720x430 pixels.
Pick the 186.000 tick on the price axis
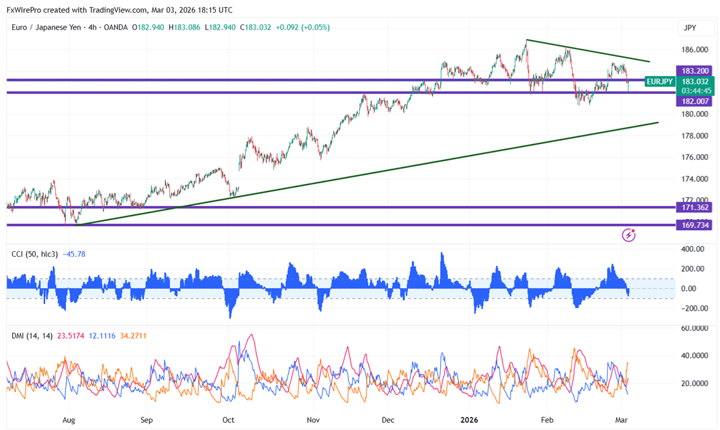point(694,49)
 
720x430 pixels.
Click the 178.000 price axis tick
point(694,136)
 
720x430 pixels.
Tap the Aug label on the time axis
point(69,420)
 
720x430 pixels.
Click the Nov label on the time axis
point(313,420)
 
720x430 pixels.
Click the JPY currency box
point(690,28)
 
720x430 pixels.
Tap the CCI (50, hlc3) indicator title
point(35,254)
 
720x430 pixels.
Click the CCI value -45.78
point(74,254)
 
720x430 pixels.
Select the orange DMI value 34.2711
point(129,336)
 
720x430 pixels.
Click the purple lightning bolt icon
point(629,235)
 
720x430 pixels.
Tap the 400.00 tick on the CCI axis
point(693,249)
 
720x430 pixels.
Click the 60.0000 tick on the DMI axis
point(695,329)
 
